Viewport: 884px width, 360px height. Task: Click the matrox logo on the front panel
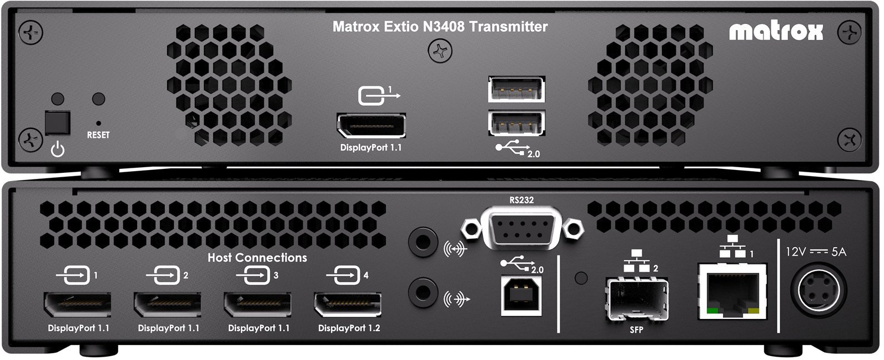tap(776, 32)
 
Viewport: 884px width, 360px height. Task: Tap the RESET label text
tap(98, 135)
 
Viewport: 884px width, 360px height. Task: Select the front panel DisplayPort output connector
tap(371, 126)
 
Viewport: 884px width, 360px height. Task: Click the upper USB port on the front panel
tap(516, 89)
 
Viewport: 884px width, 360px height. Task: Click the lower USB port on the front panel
tap(516, 123)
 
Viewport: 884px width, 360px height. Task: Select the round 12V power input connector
tap(822, 291)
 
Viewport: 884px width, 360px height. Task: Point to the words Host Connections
tap(257, 258)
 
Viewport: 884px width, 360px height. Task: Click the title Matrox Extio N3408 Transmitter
tap(440, 27)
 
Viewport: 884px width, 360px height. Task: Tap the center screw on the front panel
tap(440, 52)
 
